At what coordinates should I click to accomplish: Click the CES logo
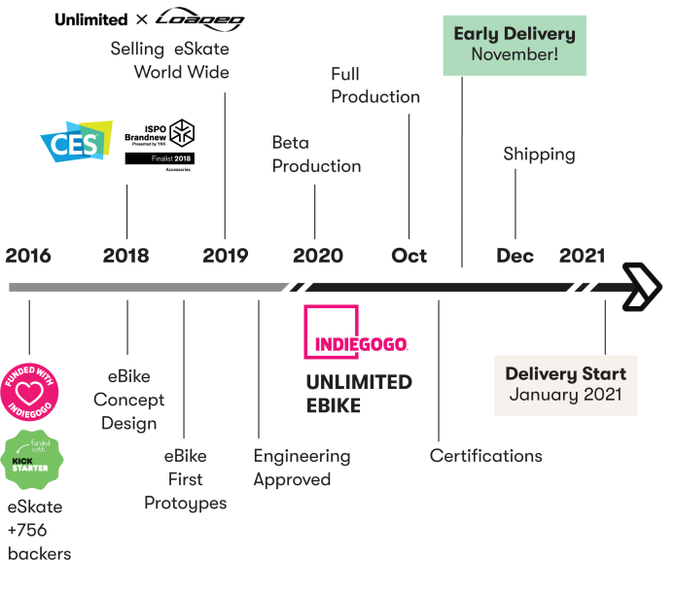tap(76, 141)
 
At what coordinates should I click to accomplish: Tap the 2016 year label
tap(28, 256)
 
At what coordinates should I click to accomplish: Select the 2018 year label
tap(126, 256)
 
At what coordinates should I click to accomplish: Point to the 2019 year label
tap(226, 256)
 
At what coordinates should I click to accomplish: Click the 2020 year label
tap(317, 256)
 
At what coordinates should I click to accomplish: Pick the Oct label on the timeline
tap(409, 256)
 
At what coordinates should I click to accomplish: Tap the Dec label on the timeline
tap(515, 256)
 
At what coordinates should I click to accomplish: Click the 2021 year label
tap(582, 256)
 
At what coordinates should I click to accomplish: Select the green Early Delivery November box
tap(515, 45)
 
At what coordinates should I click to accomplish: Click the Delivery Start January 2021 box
tap(565, 385)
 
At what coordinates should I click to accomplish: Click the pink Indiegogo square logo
tap(332, 332)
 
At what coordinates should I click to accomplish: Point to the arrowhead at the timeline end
tap(644, 286)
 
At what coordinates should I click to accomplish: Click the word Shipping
tap(539, 155)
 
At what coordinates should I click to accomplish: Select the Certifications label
tap(486, 456)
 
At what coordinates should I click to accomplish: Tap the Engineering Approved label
tap(302, 468)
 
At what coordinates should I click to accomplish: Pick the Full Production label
tap(375, 86)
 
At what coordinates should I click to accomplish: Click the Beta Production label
tap(316, 155)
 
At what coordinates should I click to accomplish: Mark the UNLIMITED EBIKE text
tap(359, 394)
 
